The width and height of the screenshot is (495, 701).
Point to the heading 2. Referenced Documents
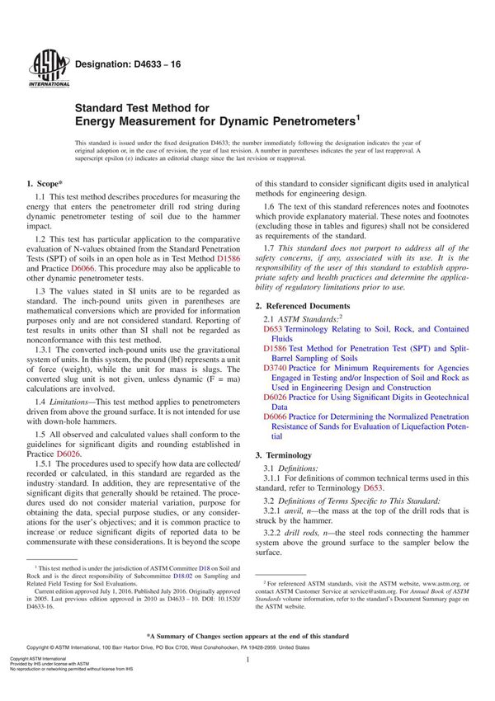point(310,305)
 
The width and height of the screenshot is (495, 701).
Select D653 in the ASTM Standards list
point(272,328)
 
